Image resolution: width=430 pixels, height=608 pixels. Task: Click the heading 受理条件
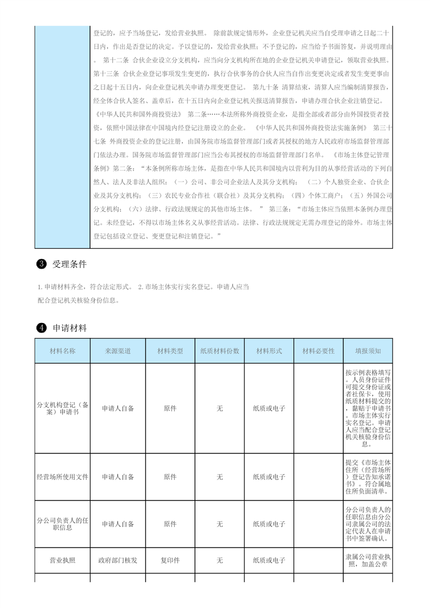[69, 264]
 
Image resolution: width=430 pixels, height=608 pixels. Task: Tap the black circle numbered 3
[41, 264]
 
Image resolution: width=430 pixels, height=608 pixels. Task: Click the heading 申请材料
[69, 328]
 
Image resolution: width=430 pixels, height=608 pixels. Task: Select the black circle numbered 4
[41, 328]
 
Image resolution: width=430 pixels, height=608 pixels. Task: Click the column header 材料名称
[62, 351]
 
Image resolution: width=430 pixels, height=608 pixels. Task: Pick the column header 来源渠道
[118, 351]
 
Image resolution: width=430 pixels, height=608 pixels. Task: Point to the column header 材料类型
[170, 351]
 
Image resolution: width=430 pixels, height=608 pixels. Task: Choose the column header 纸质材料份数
[220, 351]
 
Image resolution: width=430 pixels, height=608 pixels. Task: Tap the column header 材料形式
[269, 351]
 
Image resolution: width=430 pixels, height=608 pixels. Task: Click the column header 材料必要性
[318, 351]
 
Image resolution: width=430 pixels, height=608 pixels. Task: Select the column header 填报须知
[368, 351]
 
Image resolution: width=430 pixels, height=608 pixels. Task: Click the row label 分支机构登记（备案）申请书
[62, 408]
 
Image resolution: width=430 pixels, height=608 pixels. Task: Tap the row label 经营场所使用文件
[62, 477]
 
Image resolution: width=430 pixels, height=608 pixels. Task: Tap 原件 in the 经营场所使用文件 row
[170, 477]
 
